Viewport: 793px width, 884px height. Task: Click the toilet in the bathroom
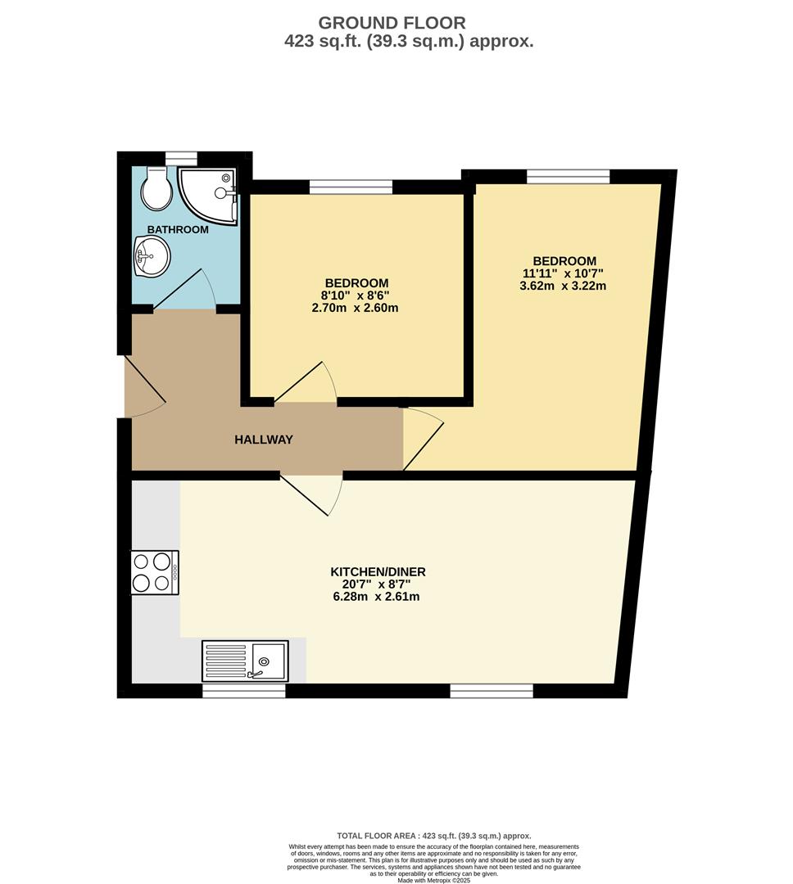click(x=155, y=187)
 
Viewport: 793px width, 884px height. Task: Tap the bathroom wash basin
click(x=151, y=255)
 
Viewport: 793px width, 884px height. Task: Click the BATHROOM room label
click(x=178, y=230)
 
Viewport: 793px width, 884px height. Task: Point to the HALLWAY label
click(x=264, y=440)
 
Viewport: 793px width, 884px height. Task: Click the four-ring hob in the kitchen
click(x=155, y=572)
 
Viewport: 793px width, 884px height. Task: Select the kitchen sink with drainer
click(x=246, y=661)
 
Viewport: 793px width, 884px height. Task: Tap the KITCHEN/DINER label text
click(x=378, y=571)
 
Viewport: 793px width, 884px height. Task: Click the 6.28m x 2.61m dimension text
click(x=378, y=597)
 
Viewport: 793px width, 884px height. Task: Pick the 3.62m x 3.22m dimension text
click(x=564, y=286)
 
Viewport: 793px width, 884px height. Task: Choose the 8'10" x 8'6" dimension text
click(x=356, y=295)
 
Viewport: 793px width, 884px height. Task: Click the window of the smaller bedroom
click(x=351, y=187)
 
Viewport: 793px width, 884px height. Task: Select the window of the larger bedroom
click(x=569, y=176)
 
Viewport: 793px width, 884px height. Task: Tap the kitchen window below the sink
click(x=244, y=691)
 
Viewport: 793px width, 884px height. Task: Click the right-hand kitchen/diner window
click(x=492, y=691)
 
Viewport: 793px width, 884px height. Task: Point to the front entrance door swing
click(x=144, y=386)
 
